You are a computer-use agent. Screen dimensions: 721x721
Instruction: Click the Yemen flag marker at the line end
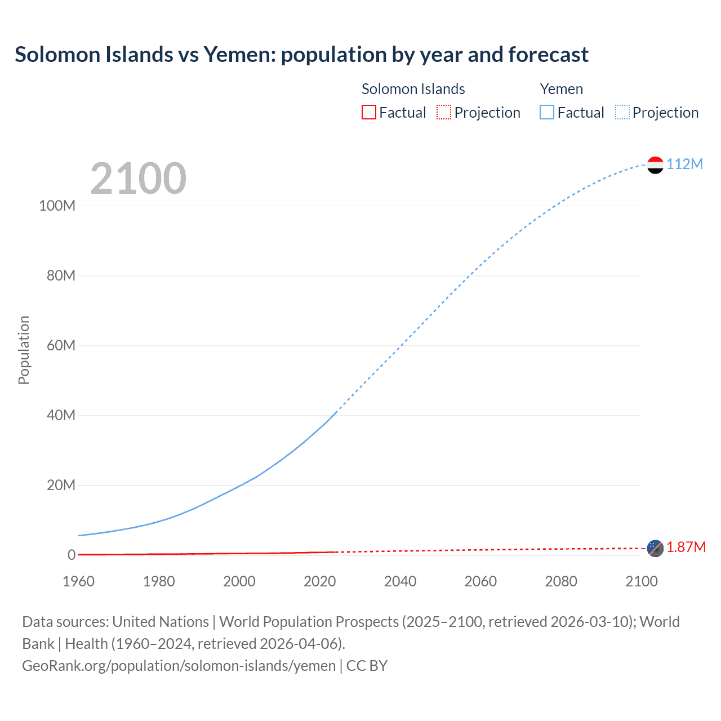pos(655,164)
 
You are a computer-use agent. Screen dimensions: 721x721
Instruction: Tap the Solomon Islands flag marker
pos(655,548)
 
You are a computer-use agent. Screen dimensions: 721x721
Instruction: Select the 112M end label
pos(684,164)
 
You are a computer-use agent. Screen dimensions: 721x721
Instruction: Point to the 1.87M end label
pos(686,548)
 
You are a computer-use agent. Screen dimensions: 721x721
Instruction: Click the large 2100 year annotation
pos(138,179)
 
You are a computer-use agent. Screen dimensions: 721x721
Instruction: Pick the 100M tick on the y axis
pos(57,206)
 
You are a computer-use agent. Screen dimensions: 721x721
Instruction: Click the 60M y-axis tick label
pos(61,345)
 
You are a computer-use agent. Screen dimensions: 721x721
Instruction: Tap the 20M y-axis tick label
pos(61,485)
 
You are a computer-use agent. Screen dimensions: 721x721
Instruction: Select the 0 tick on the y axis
pos(72,555)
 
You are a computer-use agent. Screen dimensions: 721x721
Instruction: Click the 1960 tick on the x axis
pos(78,581)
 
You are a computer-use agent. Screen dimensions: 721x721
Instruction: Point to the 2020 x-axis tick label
pos(319,581)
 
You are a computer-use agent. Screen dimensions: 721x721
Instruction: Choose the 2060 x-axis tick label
pos(480,581)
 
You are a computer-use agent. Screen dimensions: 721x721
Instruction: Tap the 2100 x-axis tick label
pos(641,581)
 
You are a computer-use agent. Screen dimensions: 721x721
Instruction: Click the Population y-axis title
pos(24,350)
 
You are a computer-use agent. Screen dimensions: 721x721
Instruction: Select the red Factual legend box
pos(368,113)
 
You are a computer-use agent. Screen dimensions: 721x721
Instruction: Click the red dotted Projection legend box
pos(444,113)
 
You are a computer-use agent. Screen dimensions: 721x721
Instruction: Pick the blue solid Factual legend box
pos(547,113)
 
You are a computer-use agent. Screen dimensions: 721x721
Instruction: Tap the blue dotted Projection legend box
pos(622,113)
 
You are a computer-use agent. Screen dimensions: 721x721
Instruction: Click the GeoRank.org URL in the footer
pos(179,666)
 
